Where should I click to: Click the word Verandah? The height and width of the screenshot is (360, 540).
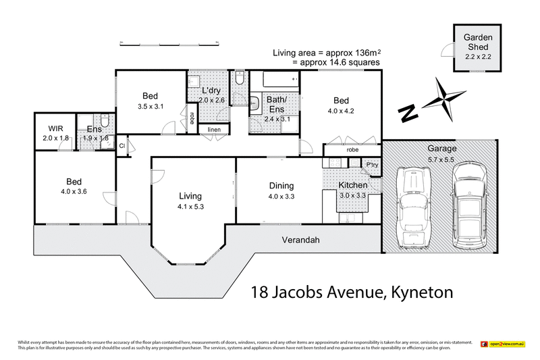300,240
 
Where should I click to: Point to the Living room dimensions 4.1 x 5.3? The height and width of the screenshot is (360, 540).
190,207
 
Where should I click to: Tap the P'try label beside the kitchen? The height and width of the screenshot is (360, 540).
372,164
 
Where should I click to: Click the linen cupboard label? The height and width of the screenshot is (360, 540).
214,129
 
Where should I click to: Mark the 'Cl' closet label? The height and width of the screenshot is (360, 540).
122,145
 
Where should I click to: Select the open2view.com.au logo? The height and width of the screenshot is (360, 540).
502,344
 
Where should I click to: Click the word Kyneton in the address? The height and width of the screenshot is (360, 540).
418,292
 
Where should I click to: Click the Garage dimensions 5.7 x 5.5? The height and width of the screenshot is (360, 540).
441,159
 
